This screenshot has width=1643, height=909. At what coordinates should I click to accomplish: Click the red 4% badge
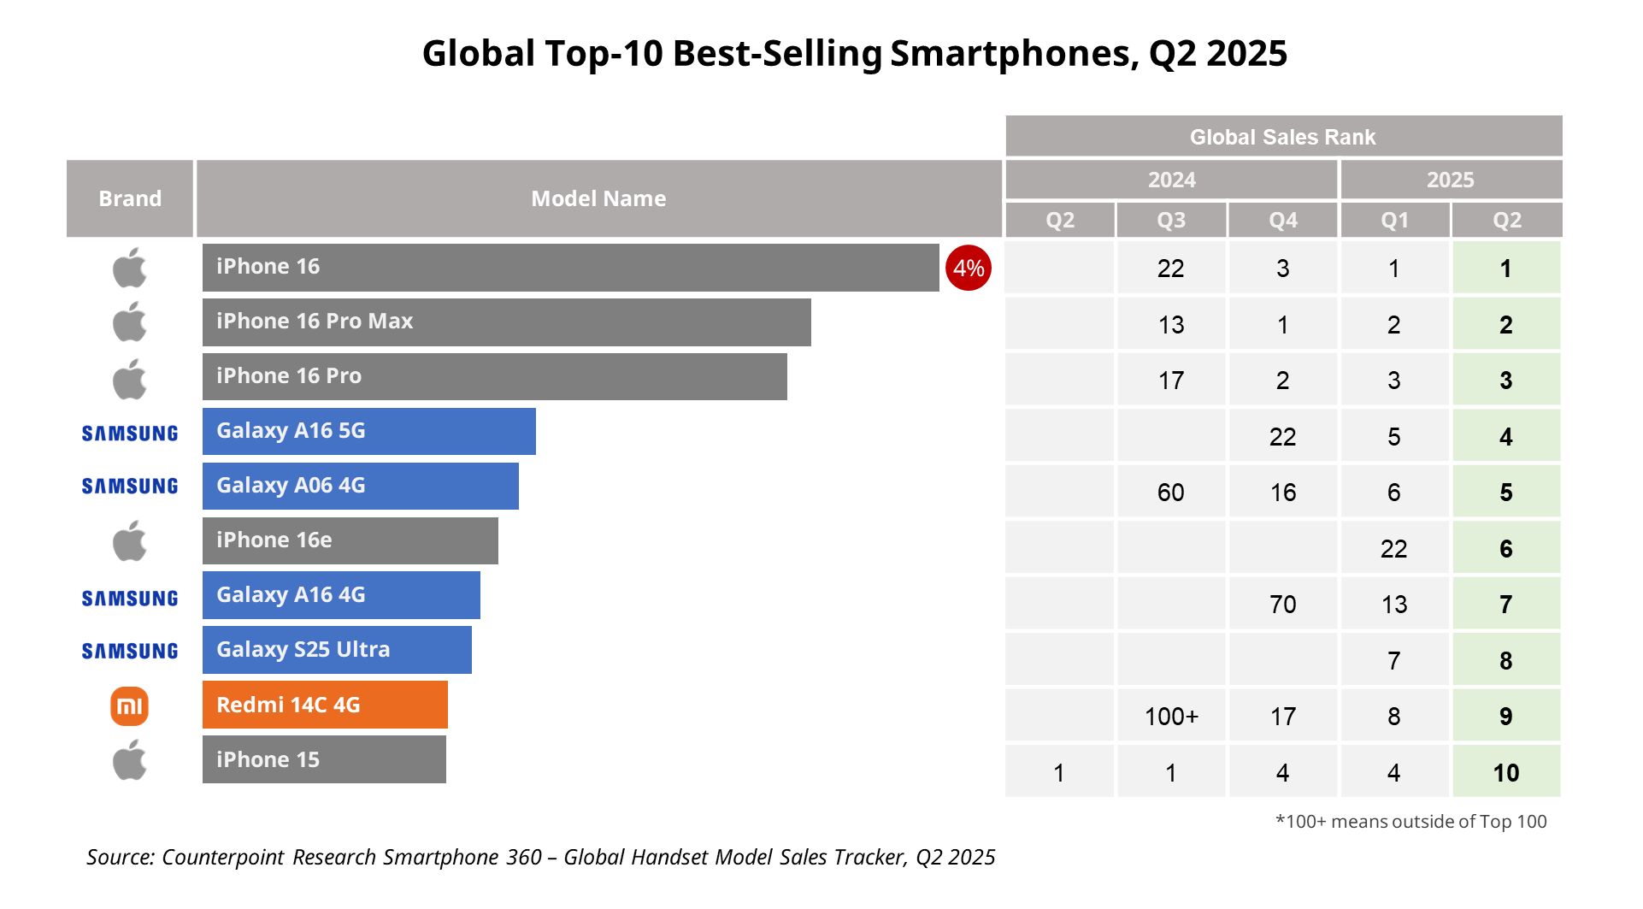pos(968,268)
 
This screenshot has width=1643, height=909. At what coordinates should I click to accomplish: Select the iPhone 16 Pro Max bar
pos(506,322)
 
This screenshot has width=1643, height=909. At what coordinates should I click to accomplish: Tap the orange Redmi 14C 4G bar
pos(325,705)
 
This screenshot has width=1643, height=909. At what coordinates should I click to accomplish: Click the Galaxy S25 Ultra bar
pos(337,650)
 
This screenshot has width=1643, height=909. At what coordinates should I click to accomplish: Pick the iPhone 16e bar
pos(350,540)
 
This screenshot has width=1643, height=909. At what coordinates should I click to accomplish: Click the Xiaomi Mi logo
pos(129,706)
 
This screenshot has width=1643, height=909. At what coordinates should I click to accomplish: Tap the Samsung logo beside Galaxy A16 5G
pos(130,434)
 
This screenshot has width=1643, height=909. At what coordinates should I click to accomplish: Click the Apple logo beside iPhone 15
pos(130,760)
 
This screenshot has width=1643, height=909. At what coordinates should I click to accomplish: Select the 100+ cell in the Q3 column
pos(1171,717)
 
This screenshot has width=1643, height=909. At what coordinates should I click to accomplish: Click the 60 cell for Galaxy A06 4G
pos(1171,493)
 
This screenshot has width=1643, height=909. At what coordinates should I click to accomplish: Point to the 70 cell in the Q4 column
pos(1282,605)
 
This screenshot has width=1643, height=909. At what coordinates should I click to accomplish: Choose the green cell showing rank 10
pos(1506,773)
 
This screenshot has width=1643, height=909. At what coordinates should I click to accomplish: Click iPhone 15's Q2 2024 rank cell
pos(1059,773)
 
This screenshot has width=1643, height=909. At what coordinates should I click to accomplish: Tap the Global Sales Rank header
pos(1282,137)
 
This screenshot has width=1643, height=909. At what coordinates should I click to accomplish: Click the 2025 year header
pos(1450,180)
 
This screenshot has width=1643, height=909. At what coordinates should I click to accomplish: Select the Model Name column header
pos(598,198)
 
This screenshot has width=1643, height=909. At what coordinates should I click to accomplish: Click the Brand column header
pos(130,198)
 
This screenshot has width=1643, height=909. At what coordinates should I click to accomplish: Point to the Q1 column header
pos(1394,221)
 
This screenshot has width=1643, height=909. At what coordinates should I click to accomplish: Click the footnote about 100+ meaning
pos(1410,822)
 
